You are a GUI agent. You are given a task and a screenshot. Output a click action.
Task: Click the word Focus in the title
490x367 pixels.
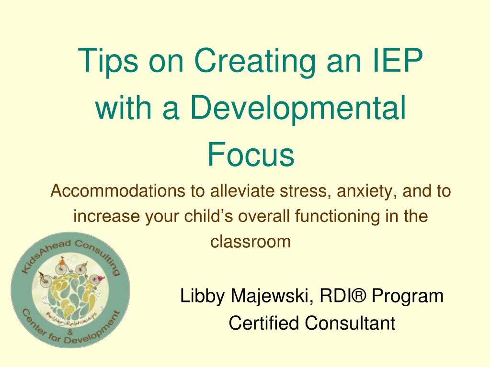pos(251,155)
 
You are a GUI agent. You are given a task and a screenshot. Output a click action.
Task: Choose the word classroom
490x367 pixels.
pos(251,241)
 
